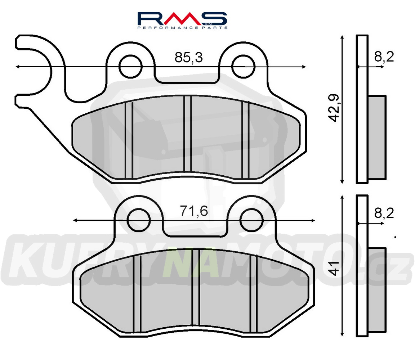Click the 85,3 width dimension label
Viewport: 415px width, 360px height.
pyautogui.click(x=188, y=57)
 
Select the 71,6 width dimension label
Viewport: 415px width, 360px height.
pyautogui.click(x=194, y=211)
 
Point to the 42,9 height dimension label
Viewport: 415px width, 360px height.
pyautogui.click(x=334, y=108)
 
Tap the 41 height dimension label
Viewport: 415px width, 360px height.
pyautogui.click(x=335, y=268)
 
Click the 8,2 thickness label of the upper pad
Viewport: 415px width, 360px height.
pyautogui.click(x=384, y=57)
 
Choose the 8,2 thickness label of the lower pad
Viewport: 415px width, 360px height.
pyautogui.click(x=384, y=213)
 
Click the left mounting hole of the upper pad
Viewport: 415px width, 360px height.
pyautogui.click(x=130, y=66)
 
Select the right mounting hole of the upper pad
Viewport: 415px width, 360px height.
pyautogui.click(x=243, y=66)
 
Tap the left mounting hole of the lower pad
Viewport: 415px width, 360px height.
pyautogui.click(x=139, y=220)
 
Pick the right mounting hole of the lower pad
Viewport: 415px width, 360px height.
pyautogui.click(x=251, y=220)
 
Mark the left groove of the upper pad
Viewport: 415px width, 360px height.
pyautogui.click(x=129, y=140)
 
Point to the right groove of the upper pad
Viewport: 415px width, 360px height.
pyautogui.click(x=245, y=140)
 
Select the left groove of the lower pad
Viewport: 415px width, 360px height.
pyautogui.click(x=137, y=294)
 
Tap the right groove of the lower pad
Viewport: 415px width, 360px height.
pyautogui.click(x=254, y=294)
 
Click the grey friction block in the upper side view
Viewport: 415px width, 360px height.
pyautogui.click(x=377, y=137)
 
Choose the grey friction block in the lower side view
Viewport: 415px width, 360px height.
pyautogui.click(x=377, y=289)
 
